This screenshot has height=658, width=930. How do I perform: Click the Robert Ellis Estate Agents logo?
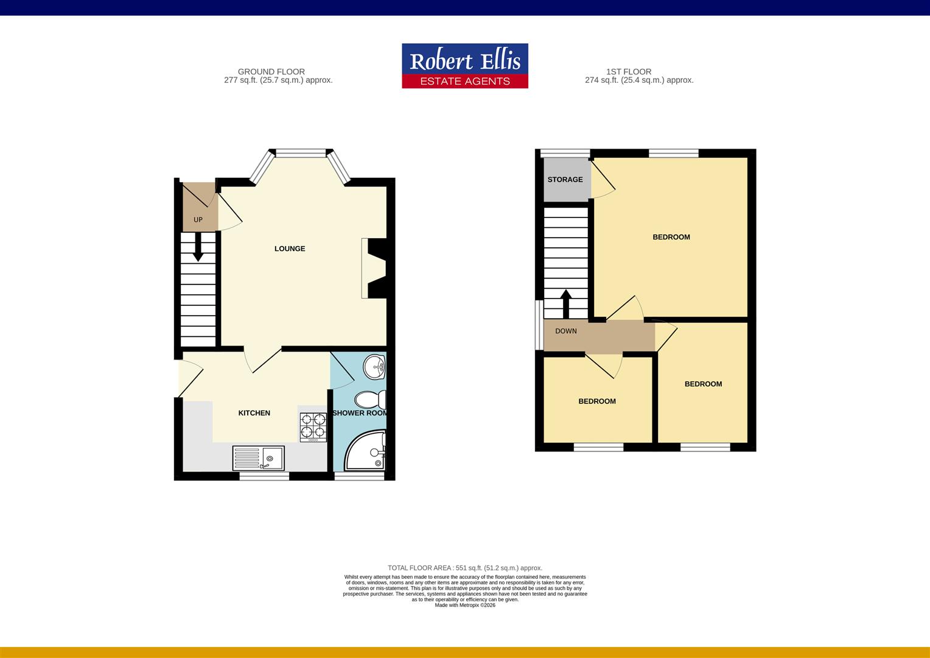tap(464, 66)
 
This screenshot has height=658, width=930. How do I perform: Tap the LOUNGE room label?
tap(290, 249)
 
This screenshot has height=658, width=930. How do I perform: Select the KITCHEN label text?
tap(254, 413)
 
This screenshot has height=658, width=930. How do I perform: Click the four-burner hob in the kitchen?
tap(313, 426)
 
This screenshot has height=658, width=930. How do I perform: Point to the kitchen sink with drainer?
tap(259, 458)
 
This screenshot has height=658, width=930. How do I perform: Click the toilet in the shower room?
tap(370, 400)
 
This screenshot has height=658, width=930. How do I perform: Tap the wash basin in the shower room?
tap(374, 367)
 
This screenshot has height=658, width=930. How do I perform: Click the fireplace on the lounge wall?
tap(372, 268)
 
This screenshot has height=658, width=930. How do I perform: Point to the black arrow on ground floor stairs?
tap(198, 249)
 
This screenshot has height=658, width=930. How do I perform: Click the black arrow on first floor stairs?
tap(565, 303)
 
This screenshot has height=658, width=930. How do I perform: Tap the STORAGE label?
tap(565, 180)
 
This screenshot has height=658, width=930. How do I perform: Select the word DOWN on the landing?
tap(566, 331)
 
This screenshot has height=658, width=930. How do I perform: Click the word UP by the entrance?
tap(198, 220)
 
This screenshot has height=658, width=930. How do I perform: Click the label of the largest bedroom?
tap(671, 237)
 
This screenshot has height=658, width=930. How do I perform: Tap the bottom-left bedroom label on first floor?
tap(596, 402)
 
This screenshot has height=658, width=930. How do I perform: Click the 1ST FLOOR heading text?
tap(629, 72)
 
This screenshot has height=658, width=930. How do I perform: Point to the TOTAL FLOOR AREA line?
tap(465, 568)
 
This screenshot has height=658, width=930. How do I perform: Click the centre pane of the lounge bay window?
tap(301, 153)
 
